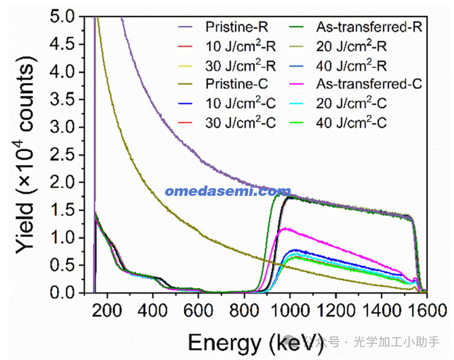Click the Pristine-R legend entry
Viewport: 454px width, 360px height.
pyautogui.click(x=236, y=27)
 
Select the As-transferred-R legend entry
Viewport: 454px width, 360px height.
pyautogui.click(x=369, y=27)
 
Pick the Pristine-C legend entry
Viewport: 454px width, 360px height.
pyautogui.click(x=236, y=84)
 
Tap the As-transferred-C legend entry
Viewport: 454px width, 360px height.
pyautogui.click(x=369, y=84)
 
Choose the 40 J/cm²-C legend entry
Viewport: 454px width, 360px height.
pyautogui.click(x=351, y=123)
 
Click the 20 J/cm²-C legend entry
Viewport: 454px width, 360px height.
pyautogui.click(x=351, y=104)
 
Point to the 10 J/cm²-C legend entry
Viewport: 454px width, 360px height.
pyautogui.click(x=240, y=104)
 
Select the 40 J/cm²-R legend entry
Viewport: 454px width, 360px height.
pyautogui.click(x=351, y=66)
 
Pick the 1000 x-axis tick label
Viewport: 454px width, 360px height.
pyautogui.click(x=290, y=312)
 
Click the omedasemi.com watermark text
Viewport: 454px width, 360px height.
pyautogui.click(x=228, y=191)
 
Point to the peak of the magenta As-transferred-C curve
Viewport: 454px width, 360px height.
pyautogui.click(x=284, y=229)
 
